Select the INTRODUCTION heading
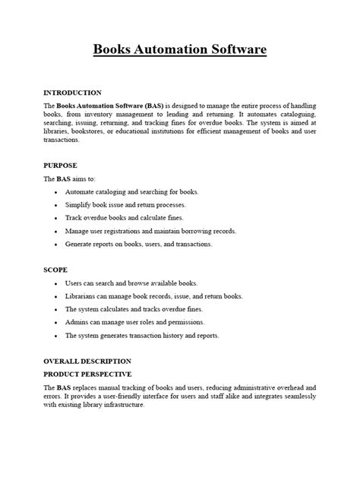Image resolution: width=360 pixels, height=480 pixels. point(72,92)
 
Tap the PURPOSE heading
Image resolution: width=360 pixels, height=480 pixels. point(60,164)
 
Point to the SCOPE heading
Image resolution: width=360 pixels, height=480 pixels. point(55,269)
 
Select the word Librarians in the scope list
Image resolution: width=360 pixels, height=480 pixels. point(82,296)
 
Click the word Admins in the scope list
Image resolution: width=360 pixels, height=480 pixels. point(77,322)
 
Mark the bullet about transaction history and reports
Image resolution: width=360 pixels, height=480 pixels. point(142,335)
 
